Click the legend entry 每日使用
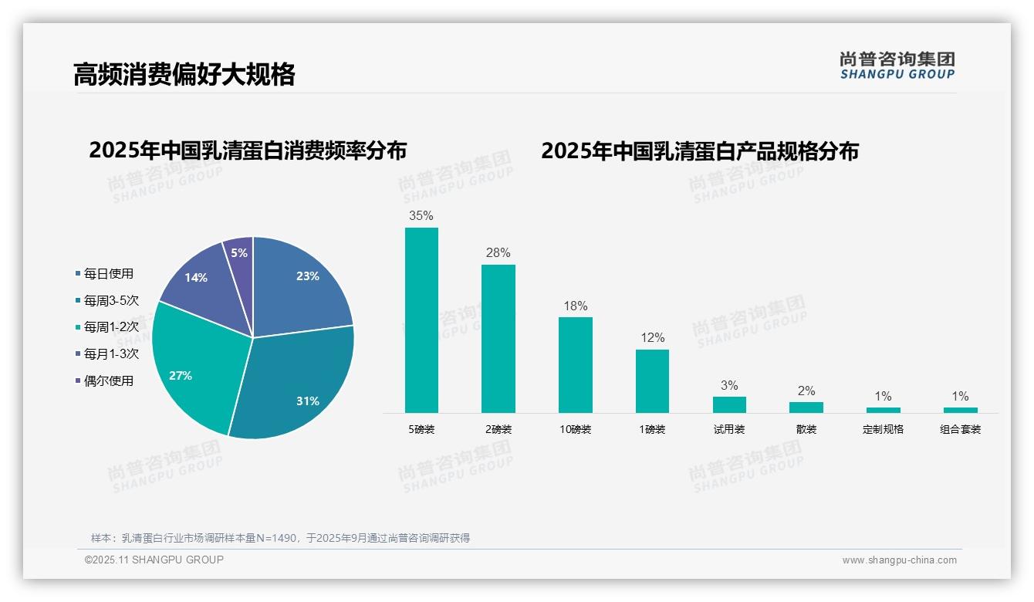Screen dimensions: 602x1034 (x=108, y=274)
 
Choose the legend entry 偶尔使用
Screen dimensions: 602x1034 (x=108, y=380)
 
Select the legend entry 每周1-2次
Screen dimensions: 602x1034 (x=111, y=327)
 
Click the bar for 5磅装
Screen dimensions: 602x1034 (x=421, y=320)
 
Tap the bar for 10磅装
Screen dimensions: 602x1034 (x=575, y=365)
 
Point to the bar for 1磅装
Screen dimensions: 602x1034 (x=652, y=381)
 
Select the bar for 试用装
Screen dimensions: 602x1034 (x=729, y=404)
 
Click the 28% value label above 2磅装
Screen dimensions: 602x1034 (x=498, y=253)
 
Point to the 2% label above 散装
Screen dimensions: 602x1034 (x=806, y=391)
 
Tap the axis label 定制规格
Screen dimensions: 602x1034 (x=883, y=429)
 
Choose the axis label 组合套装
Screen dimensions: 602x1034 (x=960, y=429)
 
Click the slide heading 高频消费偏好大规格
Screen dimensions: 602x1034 (x=184, y=75)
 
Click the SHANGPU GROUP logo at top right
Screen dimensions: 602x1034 (x=897, y=66)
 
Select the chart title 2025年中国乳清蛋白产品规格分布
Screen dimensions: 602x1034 (x=699, y=151)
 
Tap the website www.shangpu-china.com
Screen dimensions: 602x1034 (x=899, y=560)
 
